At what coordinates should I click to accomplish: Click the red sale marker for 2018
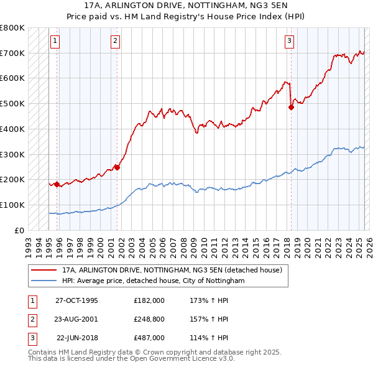coord(291,107)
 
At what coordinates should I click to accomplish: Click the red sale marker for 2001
coord(117,167)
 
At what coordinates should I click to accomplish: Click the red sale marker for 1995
coord(57,184)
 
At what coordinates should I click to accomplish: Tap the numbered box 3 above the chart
coord(290,42)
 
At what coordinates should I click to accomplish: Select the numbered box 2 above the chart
coord(116,42)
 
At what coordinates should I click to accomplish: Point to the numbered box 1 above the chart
coord(55,42)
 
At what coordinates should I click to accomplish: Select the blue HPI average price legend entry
coord(153,281)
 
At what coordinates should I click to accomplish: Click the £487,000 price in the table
coord(149,338)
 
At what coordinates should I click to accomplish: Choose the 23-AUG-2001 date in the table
coord(76,319)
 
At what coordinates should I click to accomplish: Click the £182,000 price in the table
coord(149,300)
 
